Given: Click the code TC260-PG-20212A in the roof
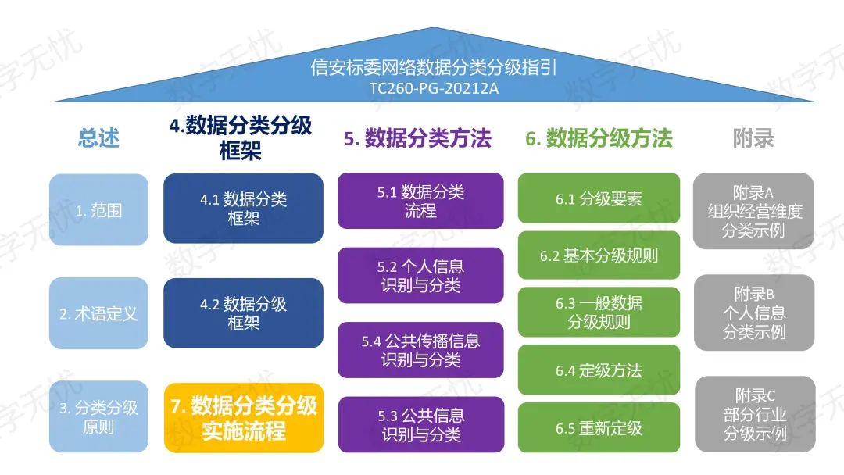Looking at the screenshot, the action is pos(435,88).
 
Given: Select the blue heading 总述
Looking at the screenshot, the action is pos(98,138).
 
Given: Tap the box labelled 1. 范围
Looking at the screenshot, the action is pos(98,210).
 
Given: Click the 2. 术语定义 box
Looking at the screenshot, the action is pos(98,313).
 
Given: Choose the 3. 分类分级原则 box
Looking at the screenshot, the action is pos(98,416).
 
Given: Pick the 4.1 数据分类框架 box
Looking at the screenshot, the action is pos(243,209).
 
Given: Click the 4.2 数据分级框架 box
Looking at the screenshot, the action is pos(243,312).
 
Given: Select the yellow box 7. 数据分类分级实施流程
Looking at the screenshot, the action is pos(243,417).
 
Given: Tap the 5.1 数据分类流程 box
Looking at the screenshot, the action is pos(420,201).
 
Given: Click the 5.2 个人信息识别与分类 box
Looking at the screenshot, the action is pos(420,275).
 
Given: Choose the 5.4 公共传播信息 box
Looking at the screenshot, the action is pos(420,350).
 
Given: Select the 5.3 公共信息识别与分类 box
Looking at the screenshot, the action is pos(420,424).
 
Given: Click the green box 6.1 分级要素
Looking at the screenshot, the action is pos(599,199).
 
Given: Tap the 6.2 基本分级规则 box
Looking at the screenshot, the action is pos(599,255).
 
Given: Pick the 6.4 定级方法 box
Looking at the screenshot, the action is pos(599,370).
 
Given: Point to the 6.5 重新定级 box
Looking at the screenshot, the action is pos(599,427).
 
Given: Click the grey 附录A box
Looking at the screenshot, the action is pos(753,211).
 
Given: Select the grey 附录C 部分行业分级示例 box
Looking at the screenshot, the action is pos(753,413).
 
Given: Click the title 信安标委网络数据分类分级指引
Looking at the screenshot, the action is pos(435,68).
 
